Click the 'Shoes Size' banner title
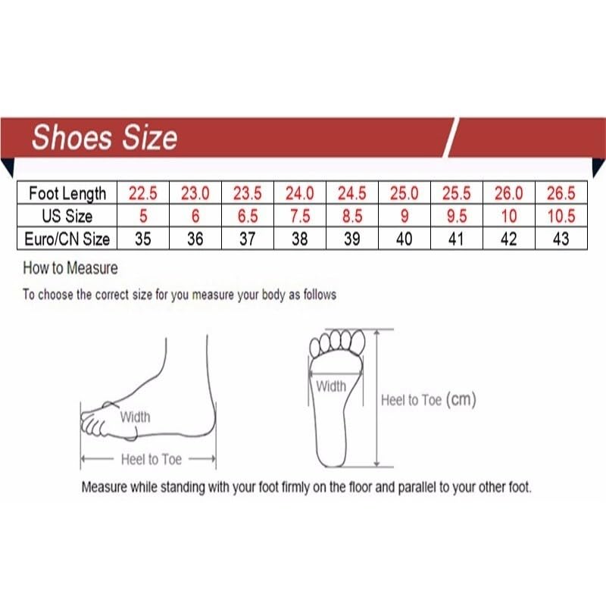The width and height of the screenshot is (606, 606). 105,138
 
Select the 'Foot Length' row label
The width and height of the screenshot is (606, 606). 67,193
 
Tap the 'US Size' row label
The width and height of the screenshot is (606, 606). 67,216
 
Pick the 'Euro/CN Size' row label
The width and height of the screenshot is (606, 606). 67,239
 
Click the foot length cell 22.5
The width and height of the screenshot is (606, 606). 142,193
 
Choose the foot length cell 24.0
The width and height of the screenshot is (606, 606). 299,193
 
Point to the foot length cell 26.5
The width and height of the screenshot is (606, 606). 561,193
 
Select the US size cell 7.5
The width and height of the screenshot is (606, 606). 299,216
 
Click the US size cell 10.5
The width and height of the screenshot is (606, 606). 561,216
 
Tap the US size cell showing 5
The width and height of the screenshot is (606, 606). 142,216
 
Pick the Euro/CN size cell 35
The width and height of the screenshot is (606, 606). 142,239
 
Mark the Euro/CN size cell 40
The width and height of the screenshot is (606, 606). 404,239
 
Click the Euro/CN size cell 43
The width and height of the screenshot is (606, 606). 561,239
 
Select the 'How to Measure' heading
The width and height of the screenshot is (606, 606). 70,268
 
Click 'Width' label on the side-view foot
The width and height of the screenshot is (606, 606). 135,417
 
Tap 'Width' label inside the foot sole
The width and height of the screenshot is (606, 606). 331,386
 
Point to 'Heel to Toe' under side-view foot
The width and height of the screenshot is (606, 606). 151,459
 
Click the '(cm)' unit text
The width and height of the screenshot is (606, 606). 461,399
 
